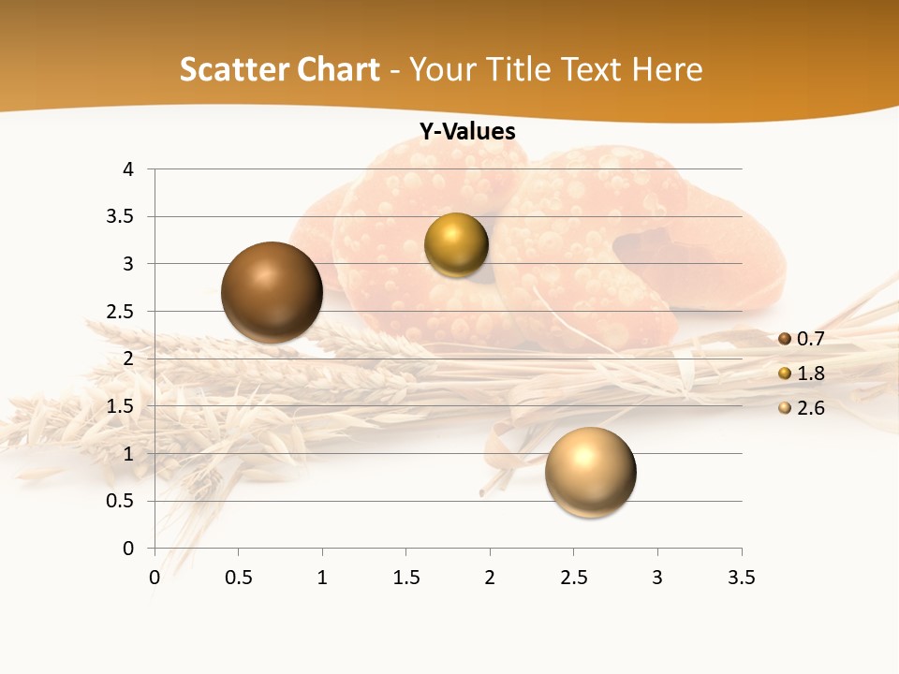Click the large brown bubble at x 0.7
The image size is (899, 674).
[272, 292]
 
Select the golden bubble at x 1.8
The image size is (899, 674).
[456, 245]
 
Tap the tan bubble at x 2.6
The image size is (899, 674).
[590, 472]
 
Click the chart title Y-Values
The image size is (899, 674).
[467, 132]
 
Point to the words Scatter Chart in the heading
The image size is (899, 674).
[279, 69]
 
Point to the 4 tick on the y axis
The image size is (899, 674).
[128, 169]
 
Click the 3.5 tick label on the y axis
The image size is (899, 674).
[122, 216]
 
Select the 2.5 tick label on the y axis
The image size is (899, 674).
[122, 312]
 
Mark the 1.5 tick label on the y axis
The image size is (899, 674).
[122, 406]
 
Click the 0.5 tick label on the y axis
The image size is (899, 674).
[122, 501]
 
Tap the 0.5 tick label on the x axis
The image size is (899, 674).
[238, 578]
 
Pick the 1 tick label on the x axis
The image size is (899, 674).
[322, 578]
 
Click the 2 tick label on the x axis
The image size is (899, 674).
[490, 578]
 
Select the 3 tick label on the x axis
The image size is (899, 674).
[657, 578]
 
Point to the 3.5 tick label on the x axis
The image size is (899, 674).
[741, 578]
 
